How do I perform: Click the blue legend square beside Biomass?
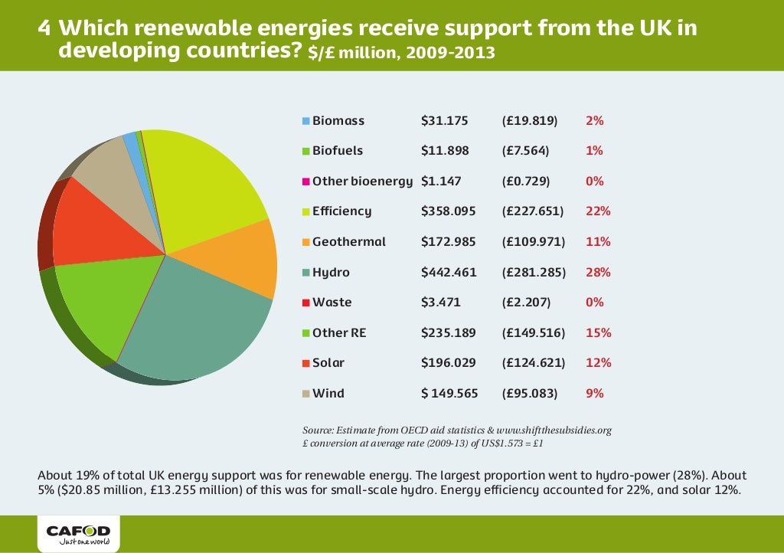pos(306,121)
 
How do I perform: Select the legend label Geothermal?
pos(349,242)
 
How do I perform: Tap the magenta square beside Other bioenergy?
pos(306,182)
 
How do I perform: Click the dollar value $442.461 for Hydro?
pos(449,272)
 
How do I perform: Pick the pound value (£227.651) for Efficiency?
pos(533,211)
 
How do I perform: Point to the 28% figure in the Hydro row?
pos(598,272)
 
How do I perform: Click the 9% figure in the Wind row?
pos(595,393)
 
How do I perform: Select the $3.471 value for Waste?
pos(441,303)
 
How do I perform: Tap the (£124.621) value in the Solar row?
pos(533,363)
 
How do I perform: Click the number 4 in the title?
pos(45,29)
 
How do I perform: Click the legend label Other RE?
pos(339,333)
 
